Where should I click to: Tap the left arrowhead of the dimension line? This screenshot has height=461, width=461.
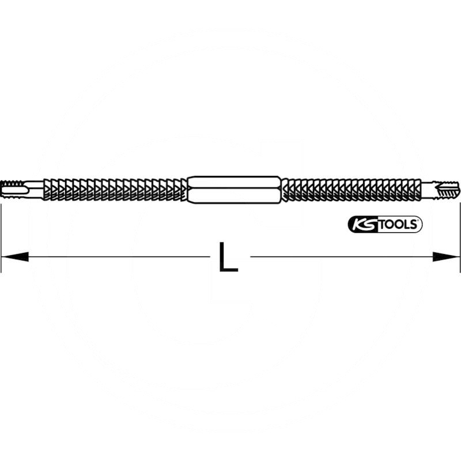tap(15, 256)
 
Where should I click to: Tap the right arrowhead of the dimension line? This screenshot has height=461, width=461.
tap(446, 256)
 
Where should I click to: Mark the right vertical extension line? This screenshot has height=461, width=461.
tap(460, 231)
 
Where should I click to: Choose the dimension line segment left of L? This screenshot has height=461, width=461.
tap(115, 256)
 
